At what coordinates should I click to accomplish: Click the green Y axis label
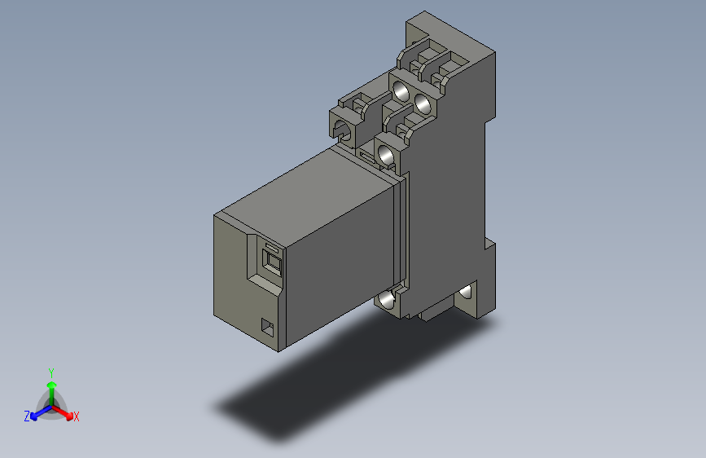(x=50, y=371)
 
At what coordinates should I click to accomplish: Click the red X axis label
(x=77, y=417)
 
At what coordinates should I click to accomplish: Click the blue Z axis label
(x=27, y=416)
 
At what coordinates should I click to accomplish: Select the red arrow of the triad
(x=65, y=412)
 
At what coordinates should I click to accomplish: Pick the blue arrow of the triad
(x=37, y=412)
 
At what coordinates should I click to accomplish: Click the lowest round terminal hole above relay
(x=386, y=152)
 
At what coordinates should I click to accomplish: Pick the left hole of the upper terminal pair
(x=400, y=90)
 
